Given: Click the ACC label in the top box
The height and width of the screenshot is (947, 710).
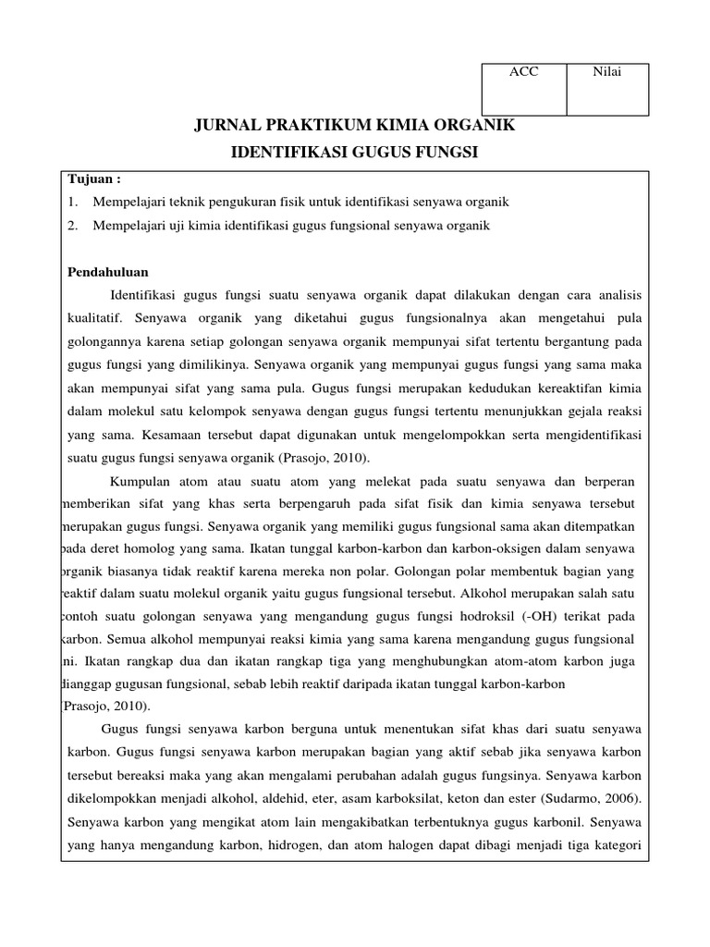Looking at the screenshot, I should pyautogui.click(x=523, y=73).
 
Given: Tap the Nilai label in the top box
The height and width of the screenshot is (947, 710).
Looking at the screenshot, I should pyautogui.click(x=606, y=73).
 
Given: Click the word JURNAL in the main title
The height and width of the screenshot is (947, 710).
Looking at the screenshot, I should pyautogui.click(x=228, y=124).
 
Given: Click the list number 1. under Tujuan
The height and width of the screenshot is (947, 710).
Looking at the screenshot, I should pyautogui.click(x=73, y=201).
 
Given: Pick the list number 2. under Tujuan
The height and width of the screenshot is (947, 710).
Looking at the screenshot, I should pyautogui.click(x=73, y=225).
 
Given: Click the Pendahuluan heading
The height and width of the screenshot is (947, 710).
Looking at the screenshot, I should pyautogui.click(x=109, y=272).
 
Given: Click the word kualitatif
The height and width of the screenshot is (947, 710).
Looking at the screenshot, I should pyautogui.click(x=96, y=318).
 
